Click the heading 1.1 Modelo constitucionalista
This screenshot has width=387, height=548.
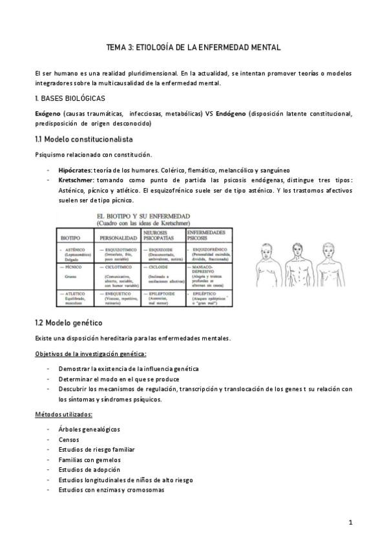point(83,139)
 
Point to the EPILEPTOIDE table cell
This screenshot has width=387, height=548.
point(161,292)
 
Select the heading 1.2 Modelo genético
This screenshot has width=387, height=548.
point(68,322)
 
